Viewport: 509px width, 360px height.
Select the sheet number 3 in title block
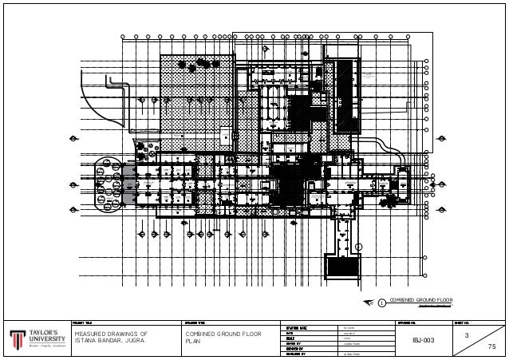tap(467, 336)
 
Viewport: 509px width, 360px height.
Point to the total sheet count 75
tap(491, 347)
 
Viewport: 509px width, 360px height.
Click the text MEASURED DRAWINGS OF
tap(111, 333)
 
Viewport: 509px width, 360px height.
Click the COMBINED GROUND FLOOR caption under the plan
tap(420, 300)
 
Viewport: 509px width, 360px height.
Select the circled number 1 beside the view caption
tap(381, 302)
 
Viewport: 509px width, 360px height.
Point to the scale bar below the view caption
tap(431, 307)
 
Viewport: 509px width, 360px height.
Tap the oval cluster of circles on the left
tap(107, 184)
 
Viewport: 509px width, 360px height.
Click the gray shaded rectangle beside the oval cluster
tap(129, 184)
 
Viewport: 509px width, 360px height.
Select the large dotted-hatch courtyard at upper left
tap(195, 92)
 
